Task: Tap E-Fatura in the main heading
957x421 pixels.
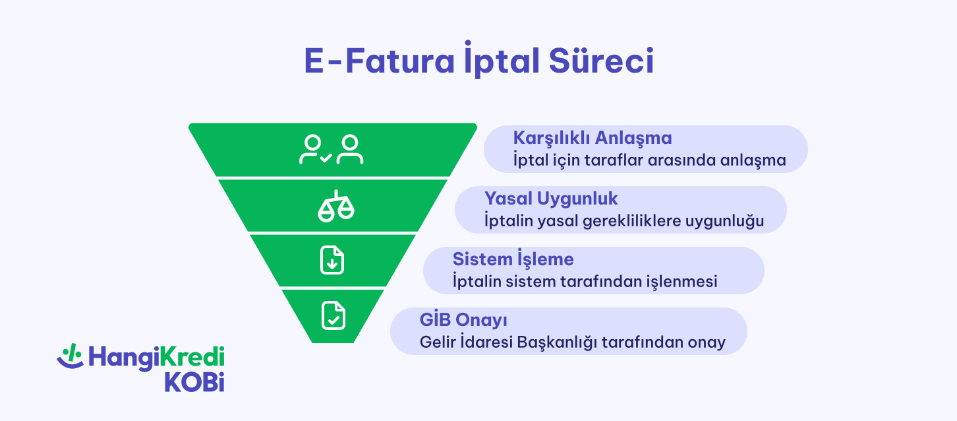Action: pos(378,62)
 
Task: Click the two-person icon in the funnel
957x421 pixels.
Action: pos(332,150)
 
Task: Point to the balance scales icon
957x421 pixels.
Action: pos(335,206)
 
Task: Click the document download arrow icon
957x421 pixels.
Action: pos(332,261)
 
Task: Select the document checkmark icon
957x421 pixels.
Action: pos(333,315)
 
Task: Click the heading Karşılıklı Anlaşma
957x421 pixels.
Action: pos(592,138)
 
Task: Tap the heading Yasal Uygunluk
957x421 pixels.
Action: pos(551,198)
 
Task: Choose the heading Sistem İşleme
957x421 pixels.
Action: pos(513,259)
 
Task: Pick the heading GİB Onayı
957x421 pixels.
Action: pos(463,320)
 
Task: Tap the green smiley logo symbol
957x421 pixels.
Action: pos(69,356)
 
